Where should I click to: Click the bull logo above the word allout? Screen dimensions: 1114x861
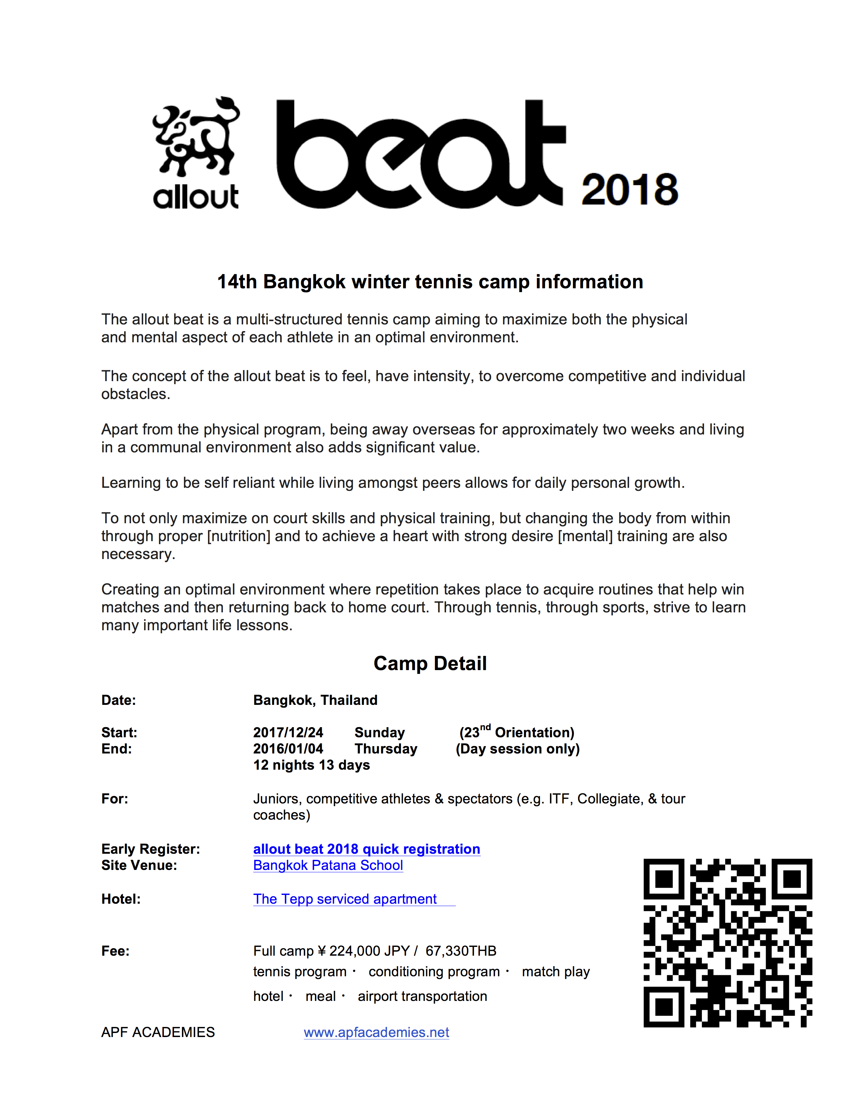pos(197,137)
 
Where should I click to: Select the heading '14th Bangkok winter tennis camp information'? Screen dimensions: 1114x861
pos(430,282)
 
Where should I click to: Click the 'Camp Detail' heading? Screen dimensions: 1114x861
pos(430,663)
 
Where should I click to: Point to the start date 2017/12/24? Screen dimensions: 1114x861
pos(288,733)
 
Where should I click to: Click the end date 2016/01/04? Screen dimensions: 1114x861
pos(288,749)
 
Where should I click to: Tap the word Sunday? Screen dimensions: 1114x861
pos(380,733)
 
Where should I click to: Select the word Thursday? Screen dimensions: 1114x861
pos(386,749)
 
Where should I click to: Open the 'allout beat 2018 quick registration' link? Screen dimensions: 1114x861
pos(366,849)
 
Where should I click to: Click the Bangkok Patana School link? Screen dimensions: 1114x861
pos(328,865)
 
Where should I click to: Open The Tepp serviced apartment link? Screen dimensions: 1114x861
pos(345,899)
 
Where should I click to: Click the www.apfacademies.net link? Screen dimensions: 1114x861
pos(376,1032)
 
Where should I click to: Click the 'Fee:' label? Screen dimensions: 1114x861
pos(115,951)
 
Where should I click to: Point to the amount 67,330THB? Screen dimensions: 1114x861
pos(461,951)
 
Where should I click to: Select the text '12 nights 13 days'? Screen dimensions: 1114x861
pos(311,765)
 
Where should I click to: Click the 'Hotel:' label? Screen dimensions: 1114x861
pos(121,899)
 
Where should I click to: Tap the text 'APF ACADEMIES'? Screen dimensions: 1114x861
pos(158,1032)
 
